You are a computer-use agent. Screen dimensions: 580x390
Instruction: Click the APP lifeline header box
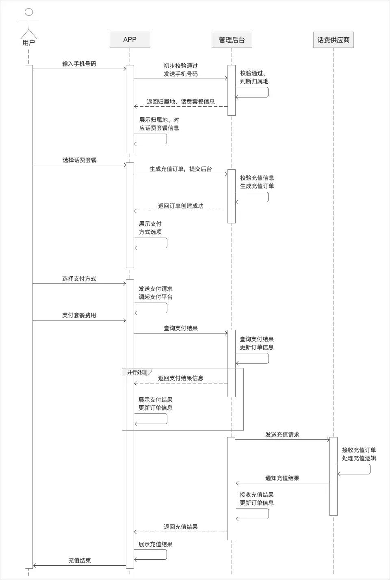[130, 40]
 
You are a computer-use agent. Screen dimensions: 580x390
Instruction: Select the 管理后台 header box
[232, 40]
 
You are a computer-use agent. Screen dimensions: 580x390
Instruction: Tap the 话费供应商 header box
[333, 40]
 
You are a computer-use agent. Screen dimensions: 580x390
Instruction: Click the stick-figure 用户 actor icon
[28, 24]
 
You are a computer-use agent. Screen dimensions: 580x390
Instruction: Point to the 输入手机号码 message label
[79, 64]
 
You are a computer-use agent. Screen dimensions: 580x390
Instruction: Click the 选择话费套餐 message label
[80, 160]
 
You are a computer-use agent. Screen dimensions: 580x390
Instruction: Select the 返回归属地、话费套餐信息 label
[181, 102]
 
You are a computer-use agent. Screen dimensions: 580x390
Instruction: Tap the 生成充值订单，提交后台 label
[181, 169]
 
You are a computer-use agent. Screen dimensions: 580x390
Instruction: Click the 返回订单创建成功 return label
[181, 206]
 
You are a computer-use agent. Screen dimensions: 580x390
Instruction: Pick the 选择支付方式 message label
[79, 279]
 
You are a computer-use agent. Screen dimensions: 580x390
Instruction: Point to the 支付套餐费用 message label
[79, 315]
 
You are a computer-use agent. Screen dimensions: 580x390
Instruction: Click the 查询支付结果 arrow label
[181, 328]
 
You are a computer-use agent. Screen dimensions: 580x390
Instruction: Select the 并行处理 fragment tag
[137, 372]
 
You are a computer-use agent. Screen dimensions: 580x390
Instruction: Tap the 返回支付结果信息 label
[181, 378]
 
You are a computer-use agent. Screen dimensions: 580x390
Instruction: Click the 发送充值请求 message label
[282, 435]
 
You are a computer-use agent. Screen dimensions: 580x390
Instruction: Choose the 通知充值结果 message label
[282, 478]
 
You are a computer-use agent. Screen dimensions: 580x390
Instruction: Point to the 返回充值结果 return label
[181, 527]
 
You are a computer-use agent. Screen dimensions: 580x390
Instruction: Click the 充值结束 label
[80, 561]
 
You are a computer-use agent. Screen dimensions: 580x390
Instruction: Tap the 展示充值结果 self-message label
[156, 544]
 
